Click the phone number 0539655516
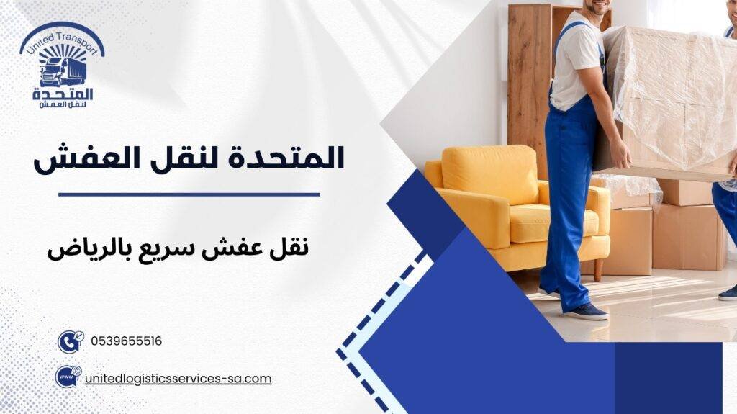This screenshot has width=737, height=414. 127,341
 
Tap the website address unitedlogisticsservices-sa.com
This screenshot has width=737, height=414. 178,378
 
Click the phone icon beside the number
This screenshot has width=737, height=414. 70,341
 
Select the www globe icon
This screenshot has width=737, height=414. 68,377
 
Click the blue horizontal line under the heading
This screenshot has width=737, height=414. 189,194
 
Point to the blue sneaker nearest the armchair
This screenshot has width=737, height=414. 585,311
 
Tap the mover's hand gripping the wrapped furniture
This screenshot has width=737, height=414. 620,154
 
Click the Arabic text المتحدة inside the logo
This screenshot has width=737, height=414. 63,94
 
